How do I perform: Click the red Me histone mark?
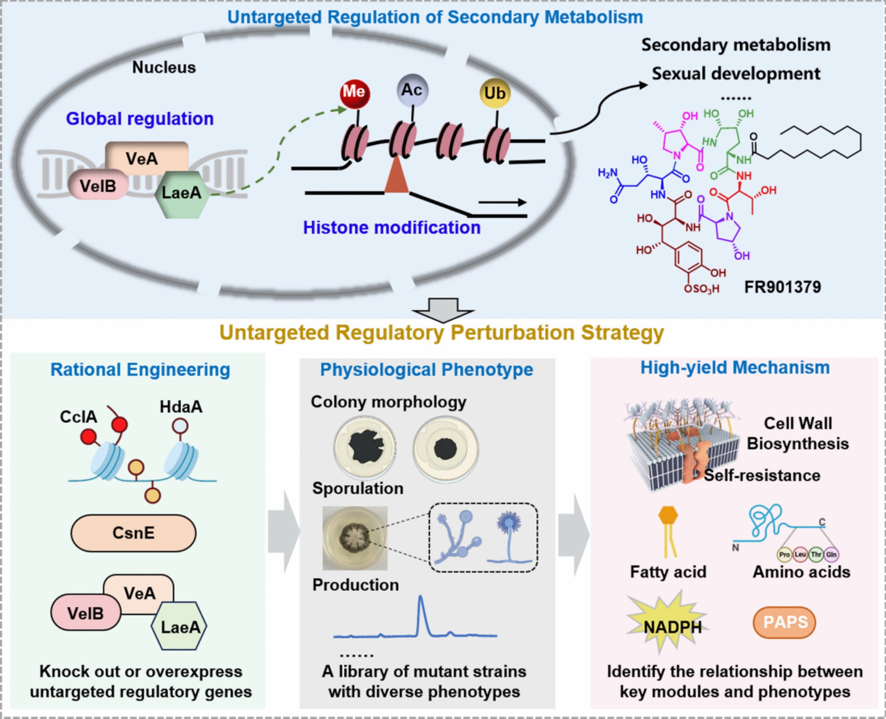[x=354, y=93]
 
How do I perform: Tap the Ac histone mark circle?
[x=412, y=90]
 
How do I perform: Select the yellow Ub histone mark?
[x=495, y=94]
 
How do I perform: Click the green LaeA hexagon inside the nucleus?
[x=181, y=193]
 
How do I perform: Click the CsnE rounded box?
[x=134, y=533]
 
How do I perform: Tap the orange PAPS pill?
[x=784, y=622]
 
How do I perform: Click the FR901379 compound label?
[x=782, y=287]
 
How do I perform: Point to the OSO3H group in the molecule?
[x=702, y=289]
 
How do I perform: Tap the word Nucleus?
[x=164, y=68]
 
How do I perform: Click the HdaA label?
[x=181, y=407]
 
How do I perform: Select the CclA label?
[x=79, y=417]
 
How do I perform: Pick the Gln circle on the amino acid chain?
[x=831, y=554]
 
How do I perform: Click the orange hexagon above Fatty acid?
[x=668, y=516]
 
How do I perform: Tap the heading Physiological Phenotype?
[x=426, y=370]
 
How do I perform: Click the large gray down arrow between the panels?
[x=443, y=310]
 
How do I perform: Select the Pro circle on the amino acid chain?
[x=784, y=554]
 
